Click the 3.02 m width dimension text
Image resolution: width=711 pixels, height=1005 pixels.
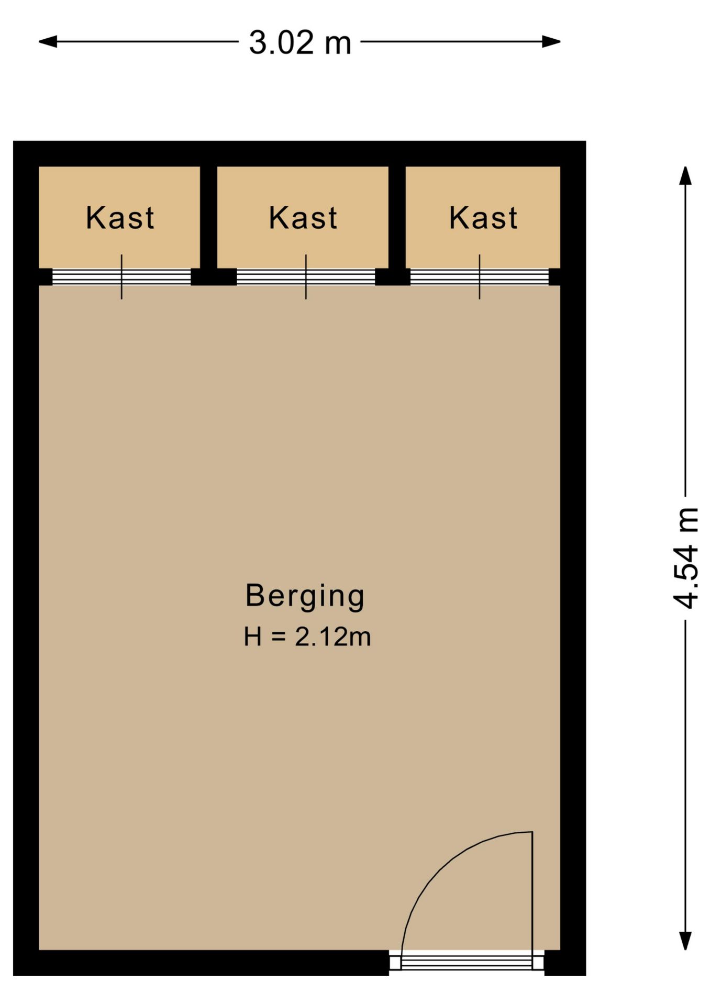tap(299, 42)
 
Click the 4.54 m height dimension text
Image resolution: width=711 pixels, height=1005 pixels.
tap(685, 558)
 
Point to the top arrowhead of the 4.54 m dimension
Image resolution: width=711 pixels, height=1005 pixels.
tap(685, 175)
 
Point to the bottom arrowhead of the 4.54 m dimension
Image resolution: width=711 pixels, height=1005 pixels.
tap(685, 941)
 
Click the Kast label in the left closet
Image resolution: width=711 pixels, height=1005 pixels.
tap(120, 218)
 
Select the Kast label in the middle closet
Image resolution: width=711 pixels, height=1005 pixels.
tap(303, 218)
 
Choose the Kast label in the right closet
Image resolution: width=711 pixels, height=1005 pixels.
tap(483, 218)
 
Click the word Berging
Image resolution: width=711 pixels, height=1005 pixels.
tap(305, 596)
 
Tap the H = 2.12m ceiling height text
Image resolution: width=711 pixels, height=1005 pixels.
tap(307, 637)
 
